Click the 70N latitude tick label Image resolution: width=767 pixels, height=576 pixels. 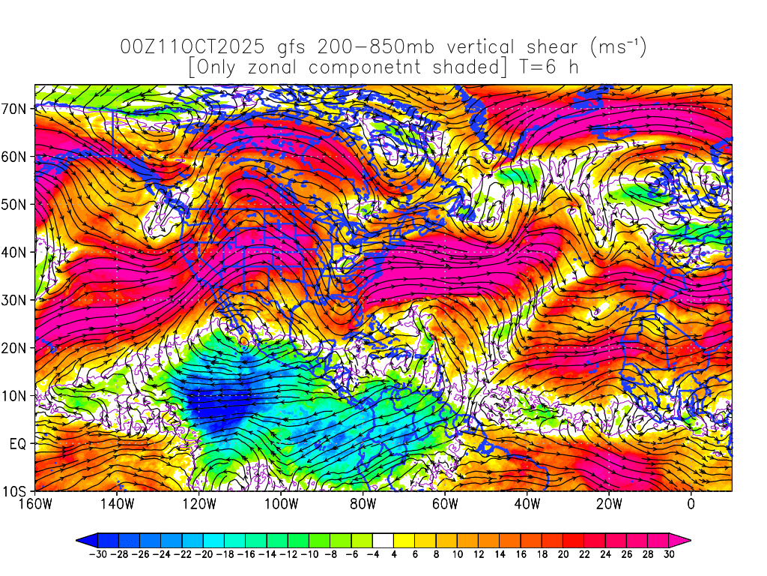tap(16, 108)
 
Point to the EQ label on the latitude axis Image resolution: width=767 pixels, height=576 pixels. tap(19, 443)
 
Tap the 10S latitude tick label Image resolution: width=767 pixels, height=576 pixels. tap(16, 491)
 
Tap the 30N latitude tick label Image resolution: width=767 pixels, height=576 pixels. tap(16, 300)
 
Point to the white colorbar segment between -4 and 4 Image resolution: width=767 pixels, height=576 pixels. tap(383, 539)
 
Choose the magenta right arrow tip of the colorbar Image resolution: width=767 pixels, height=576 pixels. tap(685, 539)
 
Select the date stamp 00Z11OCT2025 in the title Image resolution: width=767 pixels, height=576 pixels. tap(192, 47)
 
